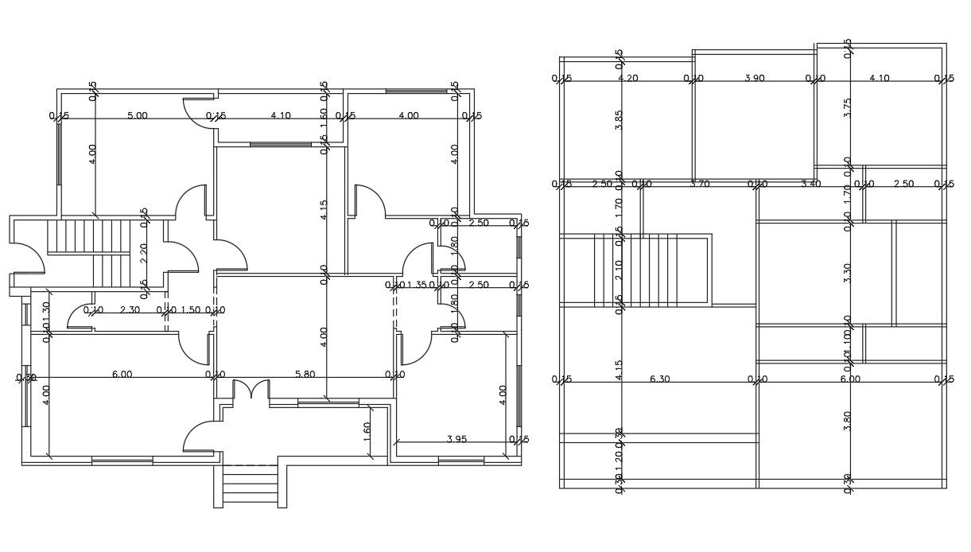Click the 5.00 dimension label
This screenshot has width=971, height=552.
[x=138, y=115]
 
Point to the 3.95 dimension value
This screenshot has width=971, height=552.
[x=456, y=438]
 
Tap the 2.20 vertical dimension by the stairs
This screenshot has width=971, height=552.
[x=144, y=253]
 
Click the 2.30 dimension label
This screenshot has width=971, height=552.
[x=130, y=309]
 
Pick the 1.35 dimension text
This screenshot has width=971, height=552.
[x=416, y=285]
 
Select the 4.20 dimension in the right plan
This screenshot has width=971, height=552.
[x=628, y=78]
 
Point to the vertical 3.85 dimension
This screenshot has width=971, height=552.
[x=619, y=119]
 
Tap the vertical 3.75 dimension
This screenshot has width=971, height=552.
[x=848, y=108]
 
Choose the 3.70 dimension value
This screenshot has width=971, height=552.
[x=700, y=185]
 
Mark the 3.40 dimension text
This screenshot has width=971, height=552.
[x=810, y=185]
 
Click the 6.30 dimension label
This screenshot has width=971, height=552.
[x=659, y=379]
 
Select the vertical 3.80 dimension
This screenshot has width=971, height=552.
[x=848, y=421]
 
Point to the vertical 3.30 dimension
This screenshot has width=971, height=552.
[x=848, y=273]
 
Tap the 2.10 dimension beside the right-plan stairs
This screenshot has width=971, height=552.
[x=619, y=270]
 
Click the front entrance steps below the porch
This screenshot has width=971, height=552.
[x=250, y=485]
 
